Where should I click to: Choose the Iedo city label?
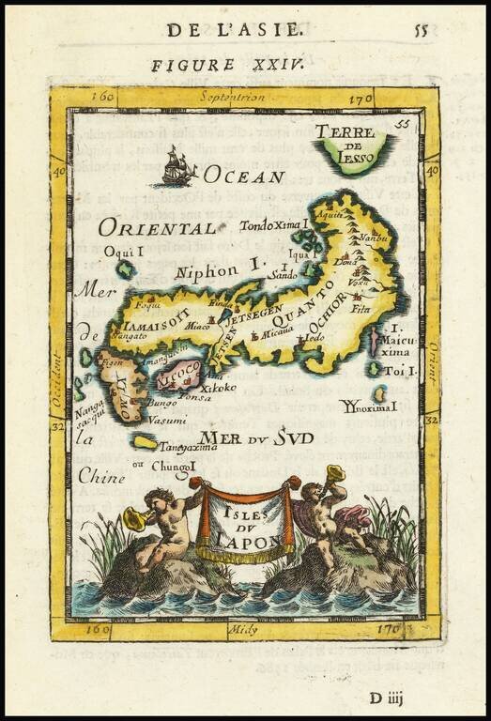(x=315, y=336)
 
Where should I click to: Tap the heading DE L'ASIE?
(x=235, y=29)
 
